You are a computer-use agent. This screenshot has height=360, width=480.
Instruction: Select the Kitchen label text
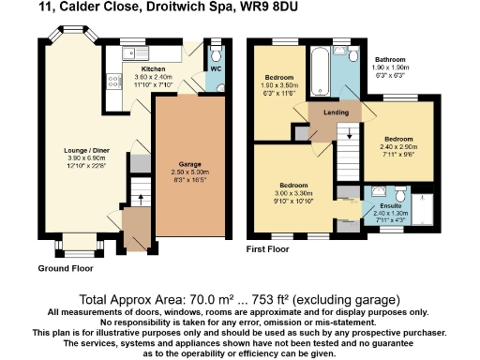(x=153, y=69)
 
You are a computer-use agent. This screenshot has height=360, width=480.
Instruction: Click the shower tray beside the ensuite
(x=421, y=211)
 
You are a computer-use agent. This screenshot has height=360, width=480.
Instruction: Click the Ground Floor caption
(x=65, y=268)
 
